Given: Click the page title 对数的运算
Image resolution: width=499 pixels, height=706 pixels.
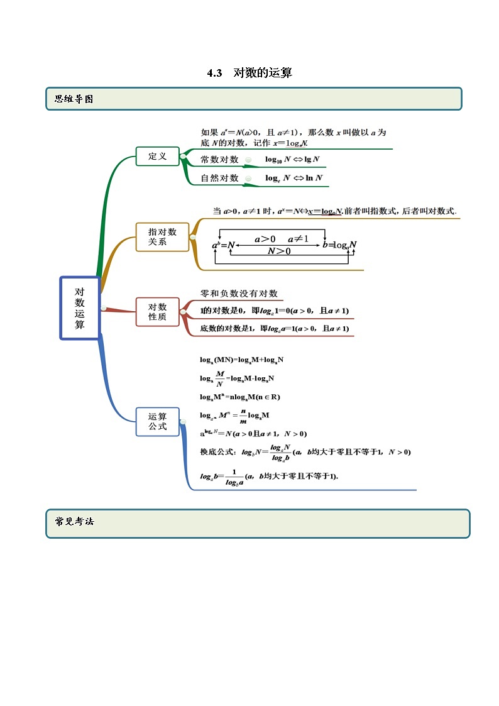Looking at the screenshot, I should click(x=262, y=73).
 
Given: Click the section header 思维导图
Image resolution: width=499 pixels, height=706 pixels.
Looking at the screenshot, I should click(x=74, y=99).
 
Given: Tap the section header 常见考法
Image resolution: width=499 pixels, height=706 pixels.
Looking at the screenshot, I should click(x=74, y=521).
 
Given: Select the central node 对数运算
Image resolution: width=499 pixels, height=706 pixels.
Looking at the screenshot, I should click(x=80, y=308).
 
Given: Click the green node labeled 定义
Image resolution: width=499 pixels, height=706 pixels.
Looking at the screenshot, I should click(x=157, y=156).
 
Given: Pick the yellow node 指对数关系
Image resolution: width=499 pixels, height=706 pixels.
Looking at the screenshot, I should click(x=162, y=236).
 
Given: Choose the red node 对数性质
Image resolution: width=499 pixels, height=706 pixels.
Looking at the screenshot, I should click(x=157, y=312).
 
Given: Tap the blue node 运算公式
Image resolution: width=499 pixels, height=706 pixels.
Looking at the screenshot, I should click(x=157, y=421).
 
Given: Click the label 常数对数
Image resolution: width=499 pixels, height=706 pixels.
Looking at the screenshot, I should click(x=219, y=160).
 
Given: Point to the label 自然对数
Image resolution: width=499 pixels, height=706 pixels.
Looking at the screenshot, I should click(x=219, y=178).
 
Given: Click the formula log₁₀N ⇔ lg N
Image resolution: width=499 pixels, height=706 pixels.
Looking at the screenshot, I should click(x=292, y=160).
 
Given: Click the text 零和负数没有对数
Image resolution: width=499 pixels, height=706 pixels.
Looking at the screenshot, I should click(x=238, y=294).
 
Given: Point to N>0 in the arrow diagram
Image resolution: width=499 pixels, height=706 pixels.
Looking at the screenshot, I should click(x=279, y=251).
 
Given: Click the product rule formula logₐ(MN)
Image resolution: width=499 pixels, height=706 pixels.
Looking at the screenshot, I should click(x=241, y=360).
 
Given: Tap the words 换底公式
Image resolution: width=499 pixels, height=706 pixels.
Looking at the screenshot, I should click(x=217, y=451).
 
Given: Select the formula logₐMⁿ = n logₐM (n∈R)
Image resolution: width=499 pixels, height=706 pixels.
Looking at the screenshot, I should click(x=239, y=397).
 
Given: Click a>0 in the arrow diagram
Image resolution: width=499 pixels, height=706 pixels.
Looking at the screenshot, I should click(x=265, y=239).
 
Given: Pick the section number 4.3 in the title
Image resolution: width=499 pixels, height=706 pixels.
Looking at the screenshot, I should click(x=215, y=73).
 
